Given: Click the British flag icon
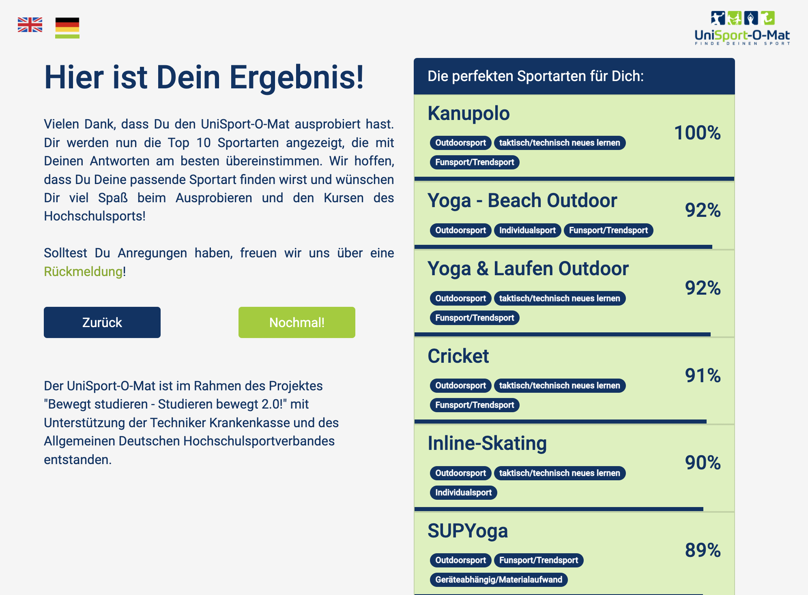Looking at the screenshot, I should tap(30, 25).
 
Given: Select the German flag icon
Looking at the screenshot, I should tap(67, 28).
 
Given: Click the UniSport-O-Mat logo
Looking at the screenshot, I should tap(742, 28).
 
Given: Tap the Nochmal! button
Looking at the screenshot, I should tap(297, 322).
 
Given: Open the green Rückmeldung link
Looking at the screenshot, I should tap(83, 272).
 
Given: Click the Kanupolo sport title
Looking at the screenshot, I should tap(468, 113).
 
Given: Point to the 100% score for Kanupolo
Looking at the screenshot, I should tap(697, 133).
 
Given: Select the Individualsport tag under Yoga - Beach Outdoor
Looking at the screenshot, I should tap(527, 230).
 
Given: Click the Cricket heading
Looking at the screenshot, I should tap(458, 356).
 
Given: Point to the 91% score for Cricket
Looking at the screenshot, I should tap(703, 375).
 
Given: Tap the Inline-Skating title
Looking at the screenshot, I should tap(487, 443).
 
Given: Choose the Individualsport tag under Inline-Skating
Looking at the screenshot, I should tap(463, 492).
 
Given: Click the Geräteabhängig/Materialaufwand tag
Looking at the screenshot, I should tap(499, 580).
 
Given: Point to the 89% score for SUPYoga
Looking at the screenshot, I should tap(703, 550).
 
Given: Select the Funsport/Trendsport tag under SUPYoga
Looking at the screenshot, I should tap(538, 560).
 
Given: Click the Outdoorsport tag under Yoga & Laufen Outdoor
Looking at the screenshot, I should tap(460, 298).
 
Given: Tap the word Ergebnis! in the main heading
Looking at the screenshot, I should tap(297, 77).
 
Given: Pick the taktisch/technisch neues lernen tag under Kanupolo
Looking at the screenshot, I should tap(559, 143).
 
